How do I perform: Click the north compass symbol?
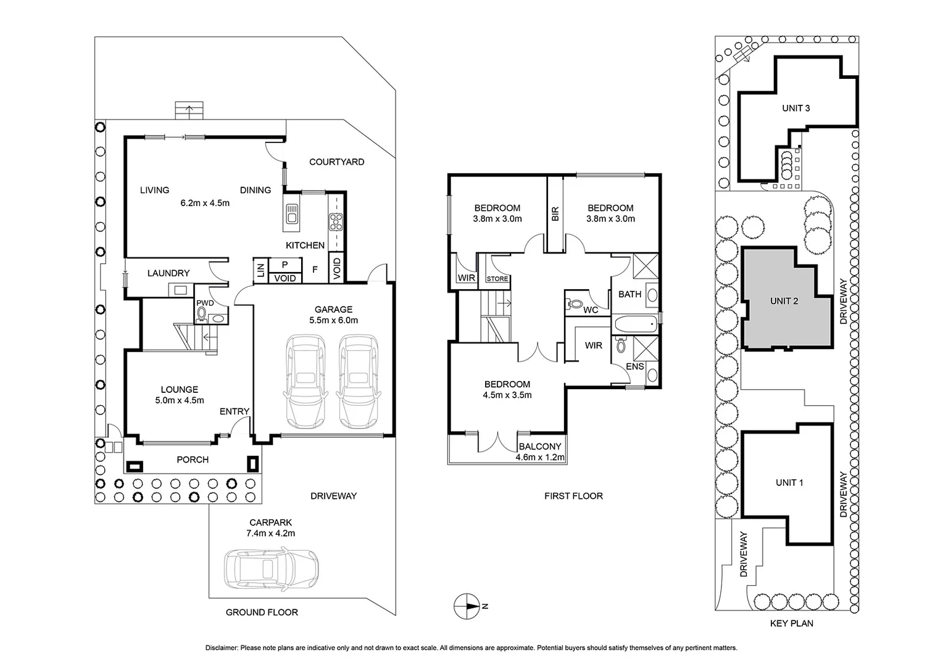point(467,606)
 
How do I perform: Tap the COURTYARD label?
point(337,162)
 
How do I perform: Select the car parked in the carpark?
point(271,569)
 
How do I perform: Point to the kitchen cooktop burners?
point(336,222)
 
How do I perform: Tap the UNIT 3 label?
point(796,108)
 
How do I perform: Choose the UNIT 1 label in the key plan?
point(789,483)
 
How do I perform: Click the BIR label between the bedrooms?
point(555,214)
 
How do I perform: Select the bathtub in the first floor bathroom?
point(636,324)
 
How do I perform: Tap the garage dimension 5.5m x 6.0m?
point(333,320)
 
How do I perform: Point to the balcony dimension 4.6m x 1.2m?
point(540,457)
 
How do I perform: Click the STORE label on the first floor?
point(497,279)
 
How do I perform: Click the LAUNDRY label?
point(168,273)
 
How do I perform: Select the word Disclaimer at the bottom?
point(222,648)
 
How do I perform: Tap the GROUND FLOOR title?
point(262,612)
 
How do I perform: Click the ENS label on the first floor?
point(635,366)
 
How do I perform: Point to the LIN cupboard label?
point(260,269)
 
